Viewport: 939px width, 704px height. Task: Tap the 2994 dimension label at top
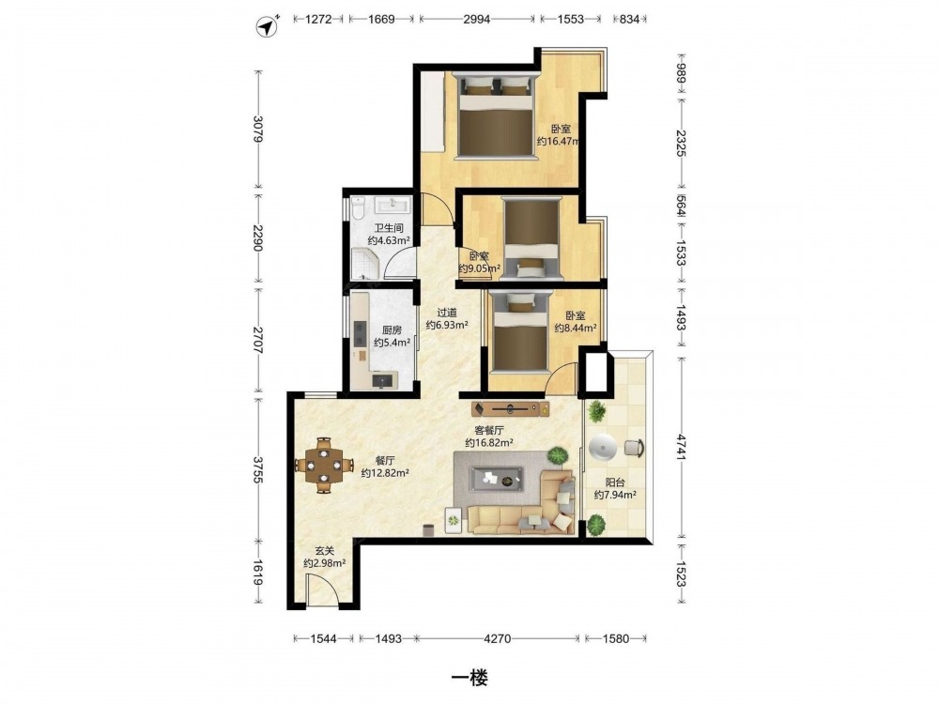[x=477, y=19]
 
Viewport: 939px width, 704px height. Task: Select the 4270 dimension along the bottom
[x=497, y=638]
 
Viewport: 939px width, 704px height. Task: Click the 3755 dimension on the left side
[x=258, y=469]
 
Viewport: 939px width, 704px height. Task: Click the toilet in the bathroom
[x=359, y=207]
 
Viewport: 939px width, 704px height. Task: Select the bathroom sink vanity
[x=393, y=205]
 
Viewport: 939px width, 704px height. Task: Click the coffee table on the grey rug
[x=496, y=479]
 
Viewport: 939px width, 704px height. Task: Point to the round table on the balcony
[x=601, y=448]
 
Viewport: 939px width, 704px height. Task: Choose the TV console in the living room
[x=510, y=409]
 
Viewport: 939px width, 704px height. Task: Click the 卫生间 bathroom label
[x=389, y=228]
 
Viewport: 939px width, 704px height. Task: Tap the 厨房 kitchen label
[x=392, y=329]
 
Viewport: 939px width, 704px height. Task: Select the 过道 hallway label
[x=447, y=313]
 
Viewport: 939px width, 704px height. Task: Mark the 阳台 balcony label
[x=615, y=482]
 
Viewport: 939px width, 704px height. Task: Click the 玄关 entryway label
[x=325, y=551]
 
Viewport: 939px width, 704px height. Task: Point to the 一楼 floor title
[x=469, y=678]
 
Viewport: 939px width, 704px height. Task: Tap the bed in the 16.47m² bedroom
[x=497, y=115]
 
